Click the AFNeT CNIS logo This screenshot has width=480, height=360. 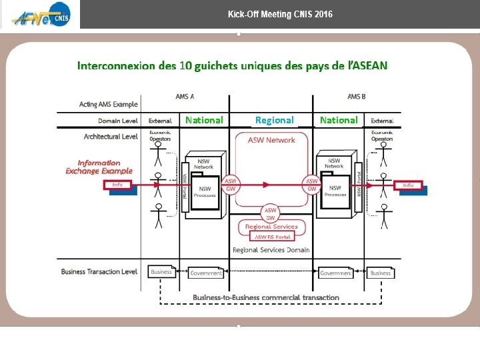[40, 15]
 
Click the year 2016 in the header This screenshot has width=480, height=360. [322, 14]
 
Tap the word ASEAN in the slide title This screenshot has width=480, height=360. [371, 65]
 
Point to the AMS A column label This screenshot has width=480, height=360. [185, 97]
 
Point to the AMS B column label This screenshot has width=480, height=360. [357, 97]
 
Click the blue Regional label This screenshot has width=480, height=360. [274, 120]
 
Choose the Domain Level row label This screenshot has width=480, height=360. [118, 121]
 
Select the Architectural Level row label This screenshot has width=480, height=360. [111, 136]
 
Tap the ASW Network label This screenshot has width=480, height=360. [271, 140]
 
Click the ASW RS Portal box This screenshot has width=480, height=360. [271, 236]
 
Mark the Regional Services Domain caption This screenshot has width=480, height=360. [271, 250]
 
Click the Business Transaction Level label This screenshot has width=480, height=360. [99, 271]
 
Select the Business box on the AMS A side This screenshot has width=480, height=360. [161, 272]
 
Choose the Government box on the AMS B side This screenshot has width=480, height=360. [335, 273]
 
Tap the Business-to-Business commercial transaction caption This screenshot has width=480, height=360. [266, 297]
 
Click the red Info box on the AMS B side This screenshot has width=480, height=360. [408, 185]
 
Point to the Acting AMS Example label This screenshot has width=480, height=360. [108, 104]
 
